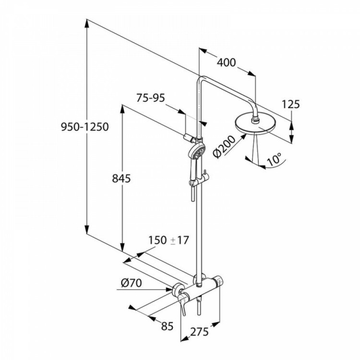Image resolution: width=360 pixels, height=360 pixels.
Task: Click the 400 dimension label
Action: coord(227,62)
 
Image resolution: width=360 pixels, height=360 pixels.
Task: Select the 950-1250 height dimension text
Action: coord(84,127)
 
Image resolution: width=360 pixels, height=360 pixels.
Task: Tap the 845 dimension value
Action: coord(121,179)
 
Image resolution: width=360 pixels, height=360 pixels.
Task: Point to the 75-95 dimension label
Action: coord(151,98)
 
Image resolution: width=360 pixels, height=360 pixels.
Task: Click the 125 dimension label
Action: coord(291,104)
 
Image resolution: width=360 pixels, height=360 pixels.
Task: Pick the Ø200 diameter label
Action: coord(224,146)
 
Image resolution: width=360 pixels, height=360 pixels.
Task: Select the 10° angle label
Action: coord(274,159)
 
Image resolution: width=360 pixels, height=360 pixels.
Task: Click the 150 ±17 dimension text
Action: coord(168,240)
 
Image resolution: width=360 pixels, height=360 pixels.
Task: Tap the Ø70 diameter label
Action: coord(132,283)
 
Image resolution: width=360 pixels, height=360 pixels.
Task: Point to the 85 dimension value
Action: coord(167,326)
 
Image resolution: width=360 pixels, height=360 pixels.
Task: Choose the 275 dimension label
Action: coord(199,332)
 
